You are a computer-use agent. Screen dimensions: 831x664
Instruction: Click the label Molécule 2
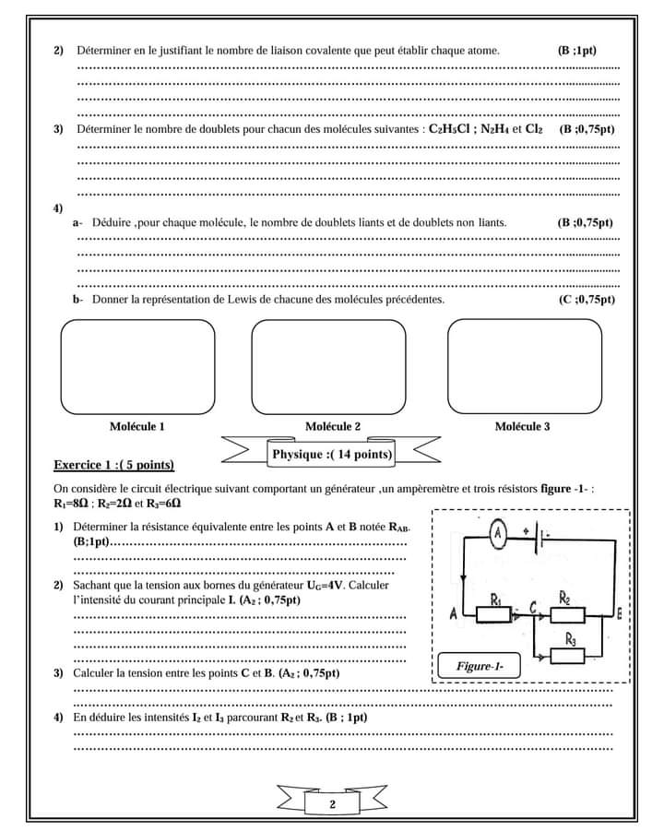pyautogui.click(x=332, y=426)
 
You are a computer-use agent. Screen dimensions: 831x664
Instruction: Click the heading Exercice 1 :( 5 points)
pyautogui.click(x=113, y=465)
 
